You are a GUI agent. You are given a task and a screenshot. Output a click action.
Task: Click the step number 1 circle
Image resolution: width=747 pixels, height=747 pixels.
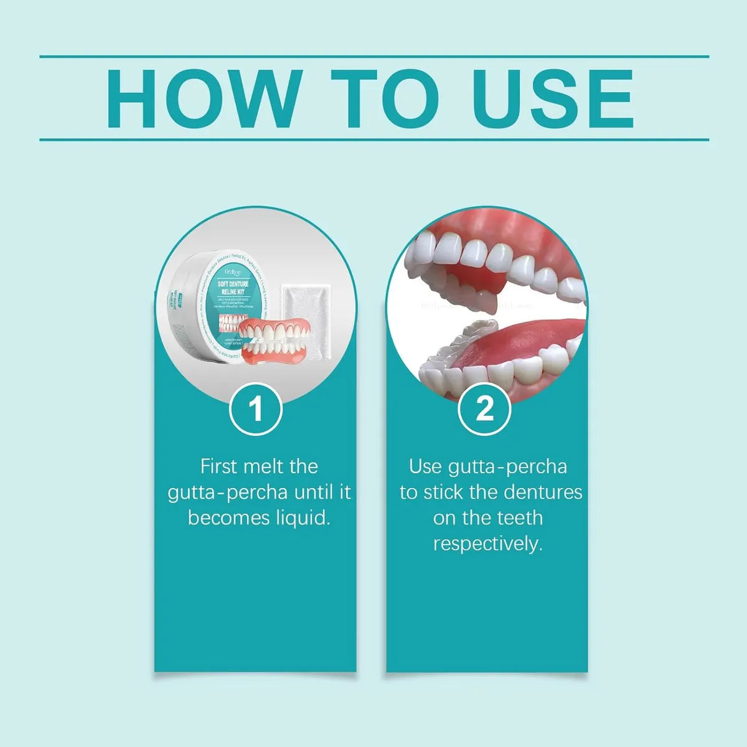pyautogui.click(x=256, y=410)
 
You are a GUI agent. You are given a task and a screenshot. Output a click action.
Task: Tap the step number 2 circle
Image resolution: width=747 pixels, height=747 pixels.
pyautogui.click(x=485, y=410)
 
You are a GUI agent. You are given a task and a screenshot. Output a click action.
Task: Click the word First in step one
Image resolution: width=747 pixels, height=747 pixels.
pyautogui.click(x=220, y=466)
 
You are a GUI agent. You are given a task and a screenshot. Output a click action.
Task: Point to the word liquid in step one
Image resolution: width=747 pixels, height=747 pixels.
pyautogui.click(x=303, y=518)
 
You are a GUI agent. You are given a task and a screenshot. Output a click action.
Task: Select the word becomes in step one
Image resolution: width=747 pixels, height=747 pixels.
pyautogui.click(x=228, y=518)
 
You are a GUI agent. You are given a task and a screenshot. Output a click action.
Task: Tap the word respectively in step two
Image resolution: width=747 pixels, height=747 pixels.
pyautogui.click(x=487, y=543)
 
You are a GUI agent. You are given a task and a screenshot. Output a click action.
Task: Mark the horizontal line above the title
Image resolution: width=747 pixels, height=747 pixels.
pyautogui.click(x=374, y=57)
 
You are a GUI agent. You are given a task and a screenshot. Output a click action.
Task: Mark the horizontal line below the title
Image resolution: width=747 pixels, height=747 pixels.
pyautogui.click(x=374, y=140)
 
